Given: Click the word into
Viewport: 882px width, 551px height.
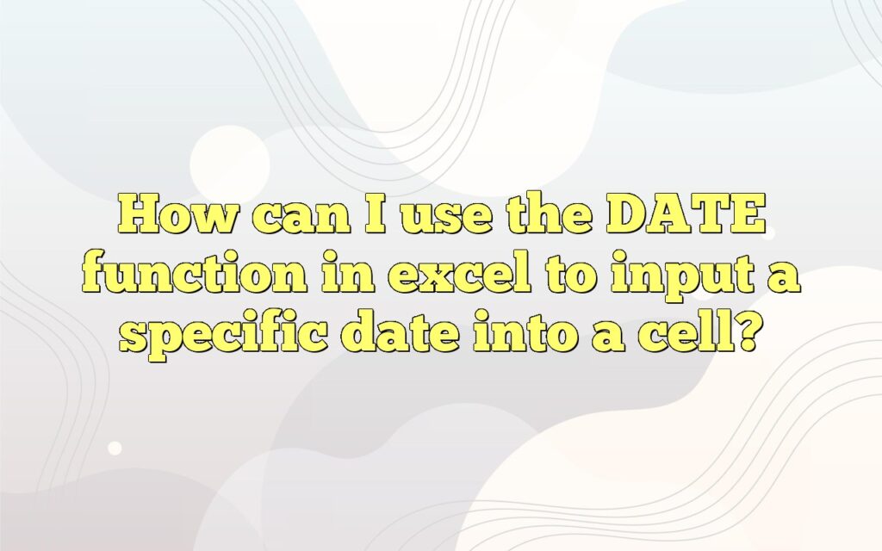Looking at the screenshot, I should click(531, 333).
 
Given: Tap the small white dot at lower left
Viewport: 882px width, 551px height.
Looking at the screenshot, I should click(115, 449).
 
